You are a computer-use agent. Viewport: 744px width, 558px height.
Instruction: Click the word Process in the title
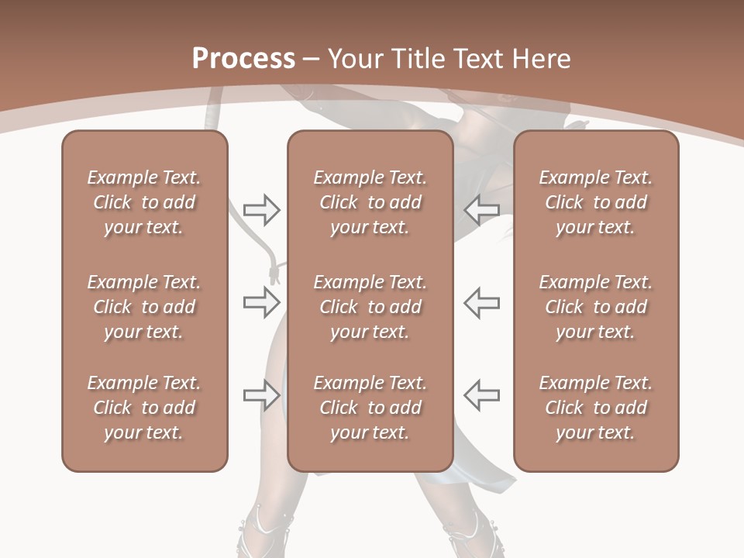(x=243, y=59)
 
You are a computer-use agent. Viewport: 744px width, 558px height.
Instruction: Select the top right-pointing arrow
(x=262, y=209)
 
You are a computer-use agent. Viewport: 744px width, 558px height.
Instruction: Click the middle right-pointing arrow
(x=262, y=302)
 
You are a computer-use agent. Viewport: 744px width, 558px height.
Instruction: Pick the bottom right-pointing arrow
(x=262, y=395)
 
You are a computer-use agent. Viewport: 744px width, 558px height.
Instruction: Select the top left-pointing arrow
(x=481, y=209)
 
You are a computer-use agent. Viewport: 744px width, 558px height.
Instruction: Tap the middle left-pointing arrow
(x=481, y=302)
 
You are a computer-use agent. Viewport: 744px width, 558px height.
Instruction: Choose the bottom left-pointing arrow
(x=481, y=395)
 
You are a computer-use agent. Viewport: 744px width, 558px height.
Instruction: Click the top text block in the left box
(x=144, y=202)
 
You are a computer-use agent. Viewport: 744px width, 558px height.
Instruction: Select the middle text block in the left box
(x=144, y=307)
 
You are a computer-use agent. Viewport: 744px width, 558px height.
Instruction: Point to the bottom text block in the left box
(x=144, y=408)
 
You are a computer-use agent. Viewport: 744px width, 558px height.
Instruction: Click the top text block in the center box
(x=370, y=202)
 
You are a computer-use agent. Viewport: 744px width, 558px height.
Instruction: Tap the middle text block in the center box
(x=370, y=307)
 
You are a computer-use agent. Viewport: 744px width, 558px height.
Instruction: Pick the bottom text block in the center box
(x=370, y=408)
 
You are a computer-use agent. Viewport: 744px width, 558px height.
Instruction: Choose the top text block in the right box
(x=596, y=202)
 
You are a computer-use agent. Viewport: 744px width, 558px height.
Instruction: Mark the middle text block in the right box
(x=596, y=307)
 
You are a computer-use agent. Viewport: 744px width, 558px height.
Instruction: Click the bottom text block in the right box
(x=596, y=408)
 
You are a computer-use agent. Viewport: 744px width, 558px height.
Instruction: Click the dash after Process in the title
(x=311, y=60)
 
